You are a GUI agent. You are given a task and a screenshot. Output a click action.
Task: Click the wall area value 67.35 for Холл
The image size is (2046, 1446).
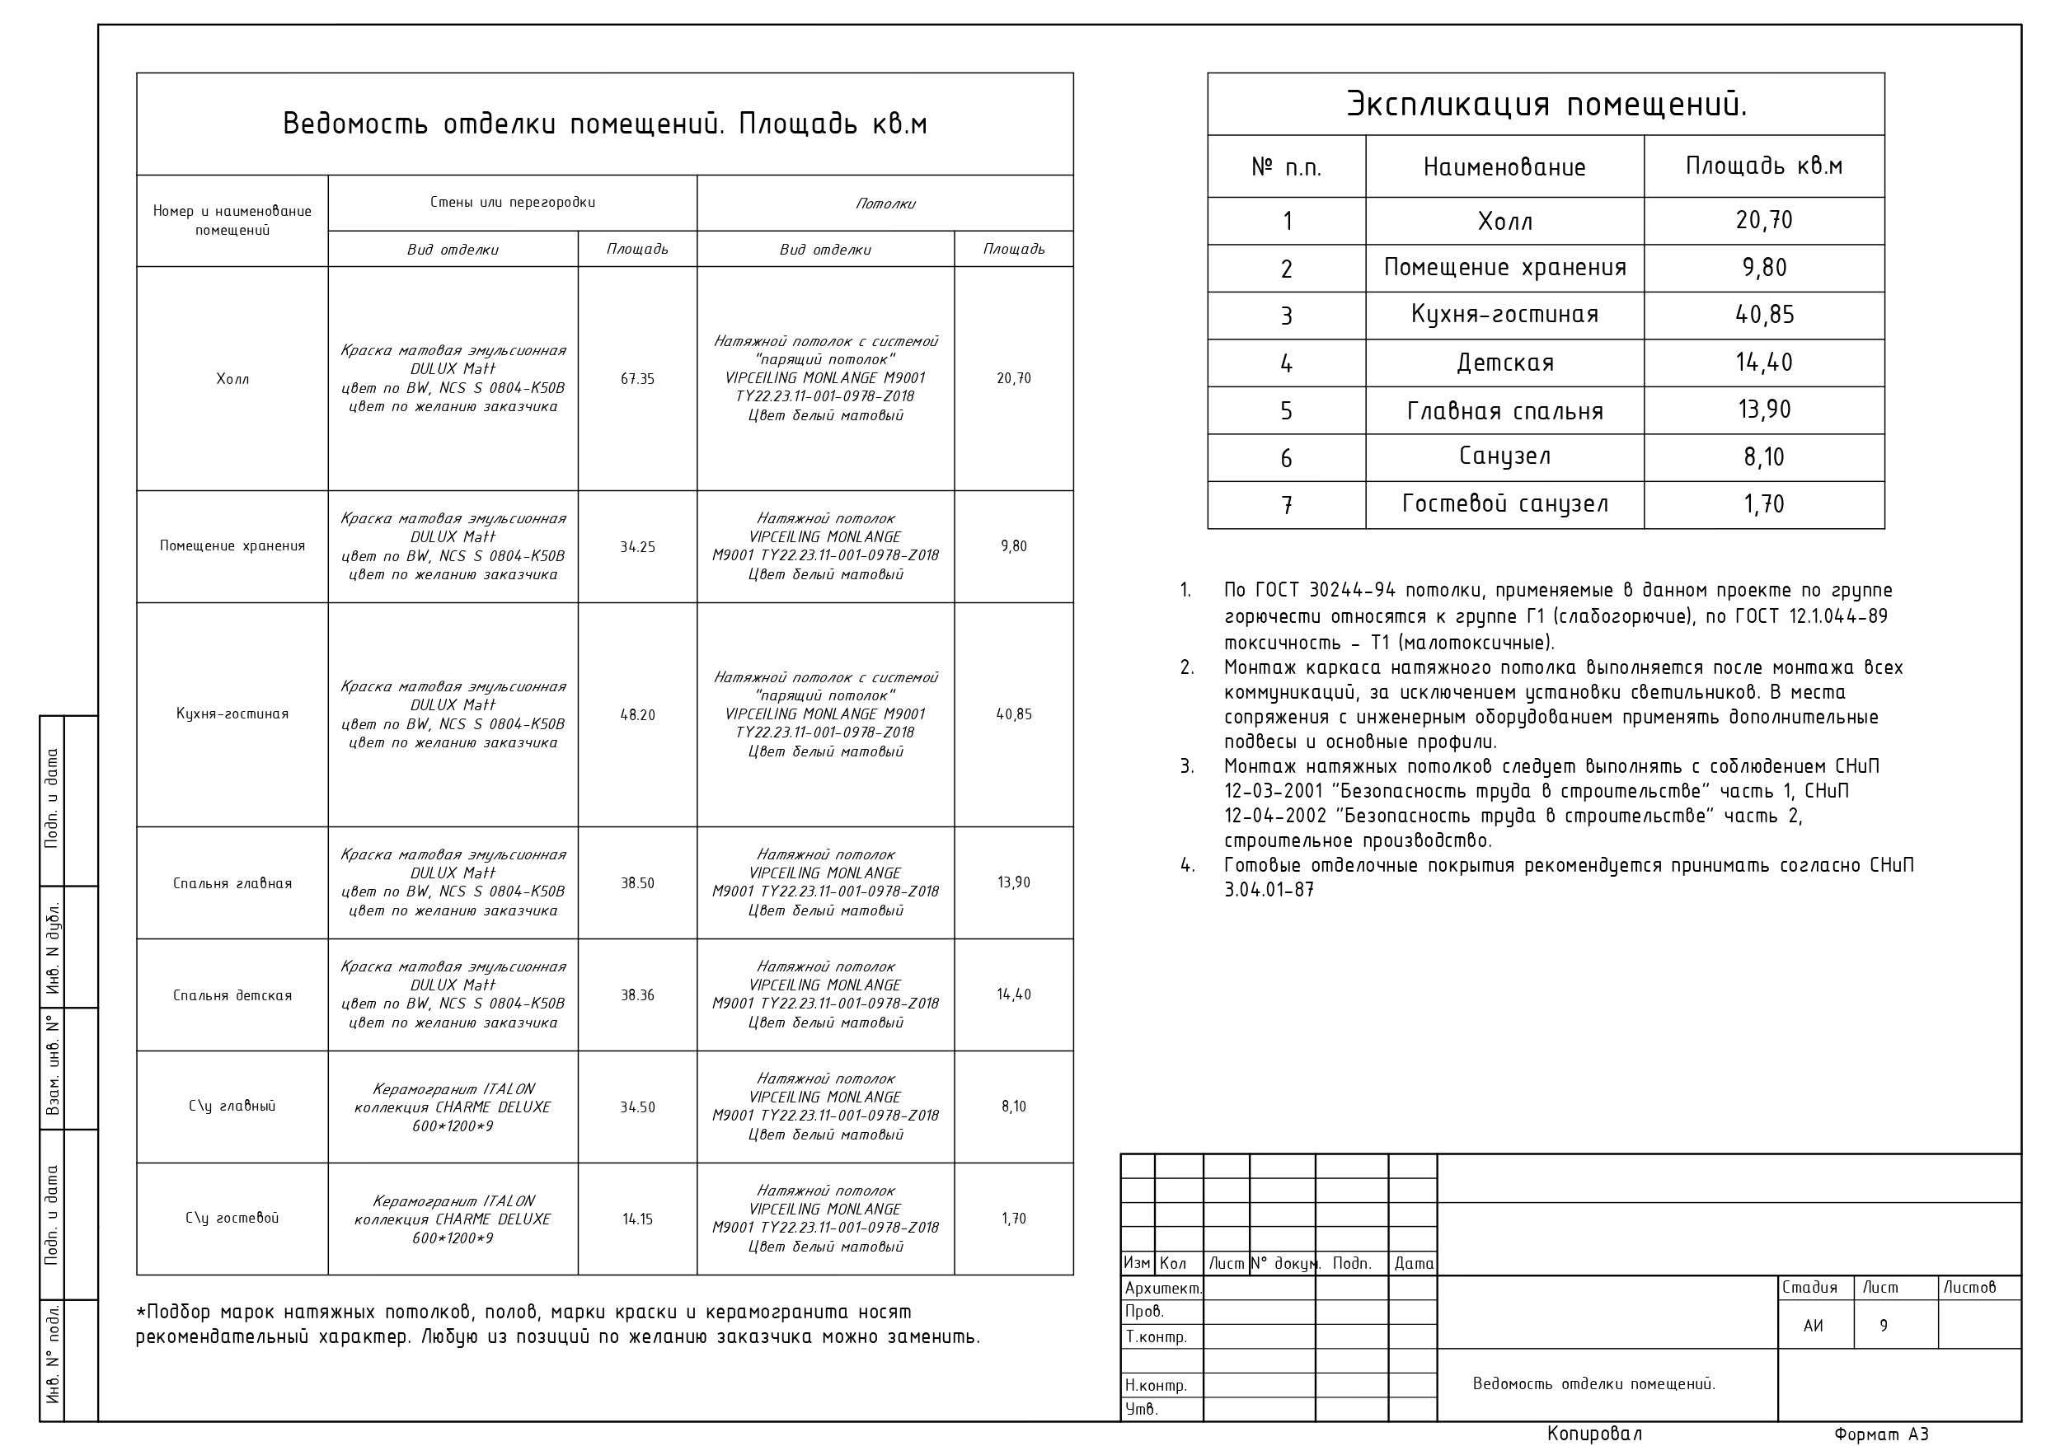pyautogui.click(x=637, y=379)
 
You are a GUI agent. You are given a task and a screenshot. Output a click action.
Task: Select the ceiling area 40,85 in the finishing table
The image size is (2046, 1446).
pyautogui.click(x=1013, y=714)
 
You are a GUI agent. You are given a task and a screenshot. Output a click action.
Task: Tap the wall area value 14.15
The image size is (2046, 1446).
pyautogui.click(x=637, y=1219)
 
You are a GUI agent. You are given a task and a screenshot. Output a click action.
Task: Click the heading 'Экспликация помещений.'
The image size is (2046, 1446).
pyautogui.click(x=1546, y=105)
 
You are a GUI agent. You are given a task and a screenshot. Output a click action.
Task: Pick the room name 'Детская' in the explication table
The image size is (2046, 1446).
pyautogui.click(x=1504, y=363)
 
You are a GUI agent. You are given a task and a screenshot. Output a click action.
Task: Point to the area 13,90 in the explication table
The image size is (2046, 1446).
pyautogui.click(x=1763, y=409)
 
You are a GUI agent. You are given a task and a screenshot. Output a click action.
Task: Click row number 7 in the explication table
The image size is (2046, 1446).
pyautogui.click(x=1286, y=505)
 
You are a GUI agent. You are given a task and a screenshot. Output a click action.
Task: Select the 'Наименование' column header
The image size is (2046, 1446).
pyautogui.click(x=1504, y=167)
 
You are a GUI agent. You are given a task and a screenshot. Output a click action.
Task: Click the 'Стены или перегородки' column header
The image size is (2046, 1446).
pyautogui.click(x=513, y=202)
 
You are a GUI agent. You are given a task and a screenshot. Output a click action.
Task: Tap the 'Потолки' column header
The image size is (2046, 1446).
pyautogui.click(x=885, y=204)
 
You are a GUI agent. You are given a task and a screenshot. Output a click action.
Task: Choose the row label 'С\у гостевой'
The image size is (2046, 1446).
pyautogui.click(x=232, y=1219)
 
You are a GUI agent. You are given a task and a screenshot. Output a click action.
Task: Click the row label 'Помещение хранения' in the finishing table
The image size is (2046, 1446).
pyautogui.click(x=232, y=546)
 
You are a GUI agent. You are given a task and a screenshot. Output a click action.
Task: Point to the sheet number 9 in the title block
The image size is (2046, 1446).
pyautogui.click(x=1883, y=1326)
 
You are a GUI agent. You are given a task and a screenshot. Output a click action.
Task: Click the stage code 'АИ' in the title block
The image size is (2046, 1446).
pyautogui.click(x=1813, y=1326)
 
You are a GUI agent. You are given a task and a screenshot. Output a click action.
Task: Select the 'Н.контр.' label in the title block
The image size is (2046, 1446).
pyautogui.click(x=1156, y=1385)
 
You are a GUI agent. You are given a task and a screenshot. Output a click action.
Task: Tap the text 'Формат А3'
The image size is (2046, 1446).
pyautogui.click(x=1880, y=1434)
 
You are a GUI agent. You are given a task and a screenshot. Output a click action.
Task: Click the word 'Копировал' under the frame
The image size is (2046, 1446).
pyautogui.click(x=1594, y=1434)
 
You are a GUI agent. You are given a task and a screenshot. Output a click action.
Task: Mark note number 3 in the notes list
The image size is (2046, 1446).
pyautogui.click(x=1187, y=767)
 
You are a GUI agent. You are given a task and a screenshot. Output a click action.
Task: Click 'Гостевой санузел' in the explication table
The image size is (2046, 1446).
pyautogui.click(x=1504, y=504)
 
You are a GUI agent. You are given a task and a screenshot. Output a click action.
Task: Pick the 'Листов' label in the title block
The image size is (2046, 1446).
pyautogui.click(x=1969, y=1288)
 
